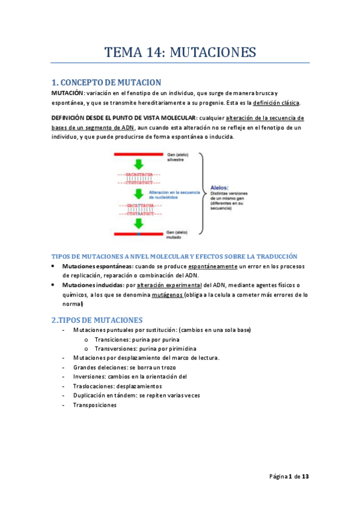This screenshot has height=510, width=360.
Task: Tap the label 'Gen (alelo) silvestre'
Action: pos(179,158)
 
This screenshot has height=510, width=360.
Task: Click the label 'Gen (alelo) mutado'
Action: pos(179,235)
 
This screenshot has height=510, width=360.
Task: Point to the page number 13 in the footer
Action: pos(305,476)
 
